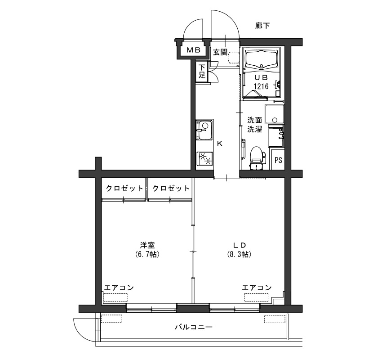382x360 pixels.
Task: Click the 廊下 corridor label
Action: click(x=262, y=25)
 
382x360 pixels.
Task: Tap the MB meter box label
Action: click(x=193, y=50)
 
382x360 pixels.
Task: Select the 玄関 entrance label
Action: click(x=220, y=52)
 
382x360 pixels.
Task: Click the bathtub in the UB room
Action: click(x=262, y=59)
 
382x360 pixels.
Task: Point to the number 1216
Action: click(x=261, y=86)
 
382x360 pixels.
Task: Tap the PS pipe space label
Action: click(x=278, y=160)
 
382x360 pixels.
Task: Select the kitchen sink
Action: click(x=204, y=130)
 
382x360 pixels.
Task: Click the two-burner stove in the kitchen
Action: click(x=204, y=158)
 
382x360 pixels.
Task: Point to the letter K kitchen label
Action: click(x=219, y=144)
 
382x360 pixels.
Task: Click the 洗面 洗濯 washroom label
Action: click(x=254, y=125)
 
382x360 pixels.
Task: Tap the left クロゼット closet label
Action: click(x=124, y=188)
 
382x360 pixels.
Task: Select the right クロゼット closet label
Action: click(x=171, y=188)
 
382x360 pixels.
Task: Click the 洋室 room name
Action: click(x=147, y=245)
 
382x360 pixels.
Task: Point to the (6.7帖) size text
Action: click(x=147, y=254)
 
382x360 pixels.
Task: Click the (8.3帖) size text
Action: click(x=239, y=254)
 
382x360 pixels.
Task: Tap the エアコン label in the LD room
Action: click(x=257, y=288)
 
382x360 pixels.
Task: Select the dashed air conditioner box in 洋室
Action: click(x=115, y=297)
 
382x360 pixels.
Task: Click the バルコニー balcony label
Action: click(x=194, y=327)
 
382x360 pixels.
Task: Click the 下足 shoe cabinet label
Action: click(x=202, y=71)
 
